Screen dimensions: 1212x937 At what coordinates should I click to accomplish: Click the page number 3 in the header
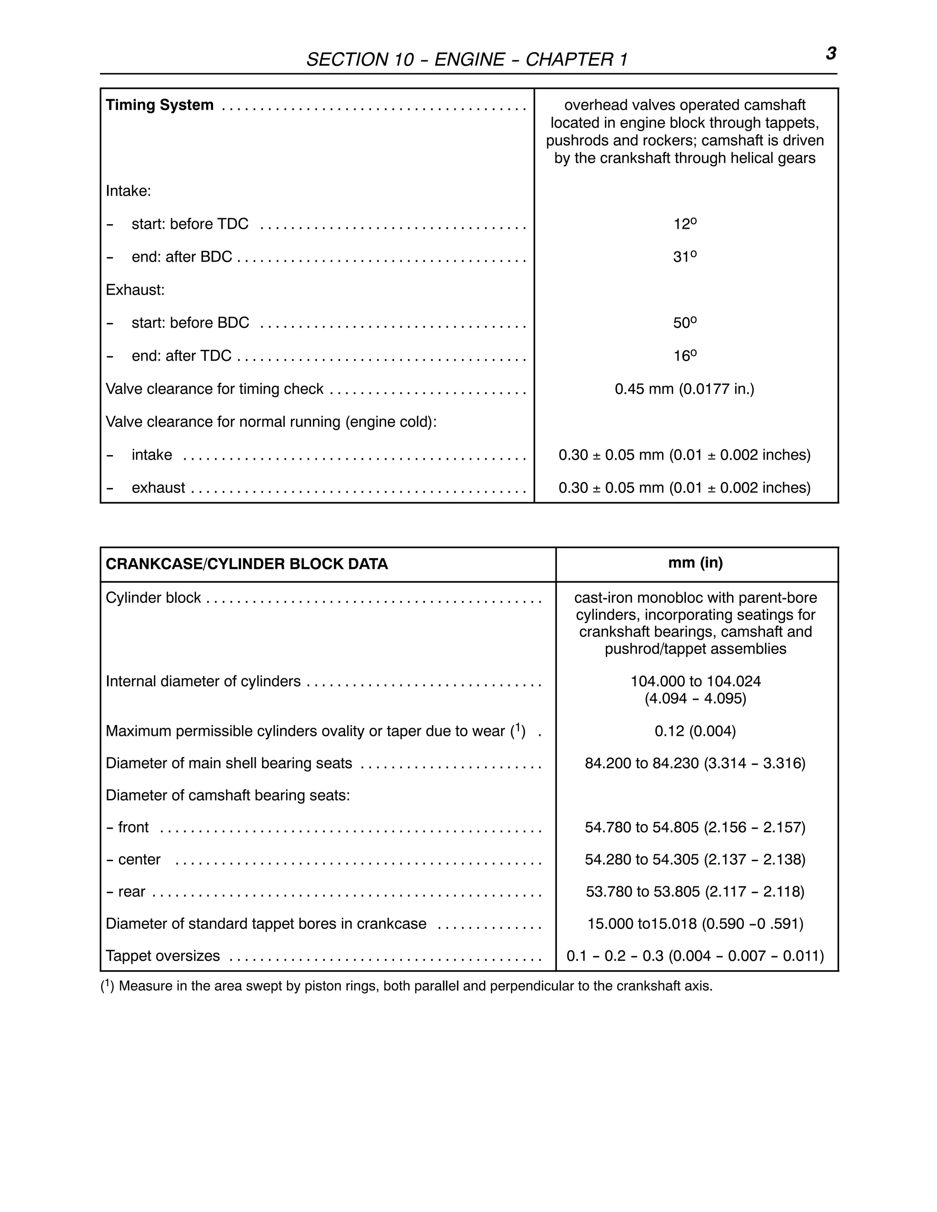(x=830, y=54)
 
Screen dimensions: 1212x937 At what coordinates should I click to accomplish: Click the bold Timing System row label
(x=159, y=105)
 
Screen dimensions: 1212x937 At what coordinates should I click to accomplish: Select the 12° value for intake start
(x=684, y=224)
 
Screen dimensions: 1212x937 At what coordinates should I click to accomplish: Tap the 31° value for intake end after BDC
(x=684, y=257)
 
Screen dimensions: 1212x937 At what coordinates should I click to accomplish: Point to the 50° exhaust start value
(x=684, y=322)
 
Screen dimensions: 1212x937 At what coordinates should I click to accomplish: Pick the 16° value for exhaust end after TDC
(x=684, y=356)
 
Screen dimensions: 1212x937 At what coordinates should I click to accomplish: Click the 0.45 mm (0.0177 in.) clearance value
(x=684, y=389)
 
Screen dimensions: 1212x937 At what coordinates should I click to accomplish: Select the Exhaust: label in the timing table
(x=135, y=290)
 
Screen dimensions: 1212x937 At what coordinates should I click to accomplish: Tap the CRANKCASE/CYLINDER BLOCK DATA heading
(x=247, y=564)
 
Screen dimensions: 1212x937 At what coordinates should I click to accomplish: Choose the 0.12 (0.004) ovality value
(x=695, y=731)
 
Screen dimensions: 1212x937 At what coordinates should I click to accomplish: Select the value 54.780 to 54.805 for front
(x=695, y=827)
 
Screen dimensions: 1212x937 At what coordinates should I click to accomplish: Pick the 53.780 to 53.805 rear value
(x=695, y=892)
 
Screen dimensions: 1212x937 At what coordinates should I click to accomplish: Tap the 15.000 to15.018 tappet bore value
(x=695, y=924)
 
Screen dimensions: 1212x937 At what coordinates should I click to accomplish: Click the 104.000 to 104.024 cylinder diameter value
(x=695, y=681)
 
